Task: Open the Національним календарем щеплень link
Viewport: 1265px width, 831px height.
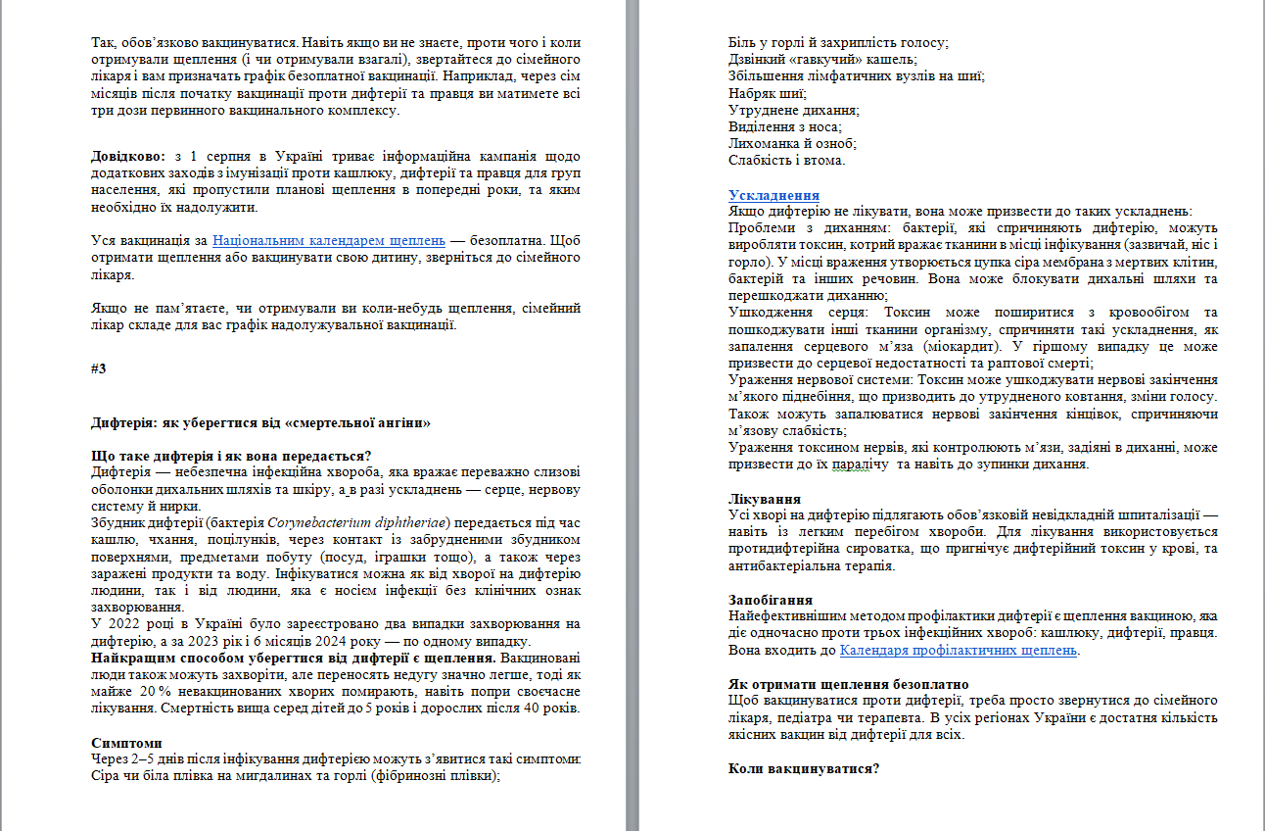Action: coord(329,239)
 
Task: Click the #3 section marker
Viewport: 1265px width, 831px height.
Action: coord(98,368)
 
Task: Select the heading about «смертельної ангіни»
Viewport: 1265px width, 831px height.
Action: coord(260,423)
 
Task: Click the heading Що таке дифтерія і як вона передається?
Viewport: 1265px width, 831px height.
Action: coord(231,456)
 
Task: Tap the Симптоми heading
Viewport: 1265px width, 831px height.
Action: coord(126,743)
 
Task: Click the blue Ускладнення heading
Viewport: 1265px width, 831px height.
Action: coord(773,195)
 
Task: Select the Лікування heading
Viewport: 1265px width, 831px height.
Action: coord(765,499)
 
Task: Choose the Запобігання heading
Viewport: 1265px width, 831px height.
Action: coord(771,600)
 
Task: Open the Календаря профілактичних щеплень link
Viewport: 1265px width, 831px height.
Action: coord(959,650)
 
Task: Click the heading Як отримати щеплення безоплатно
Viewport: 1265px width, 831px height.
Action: coord(849,684)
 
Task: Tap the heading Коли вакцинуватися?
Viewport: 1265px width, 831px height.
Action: coord(804,768)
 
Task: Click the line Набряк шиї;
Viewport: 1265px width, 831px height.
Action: coord(768,93)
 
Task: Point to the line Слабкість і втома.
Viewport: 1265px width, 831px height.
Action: coord(786,160)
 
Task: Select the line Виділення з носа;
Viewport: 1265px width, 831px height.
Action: coord(785,126)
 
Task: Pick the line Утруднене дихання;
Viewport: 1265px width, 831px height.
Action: coord(794,110)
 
